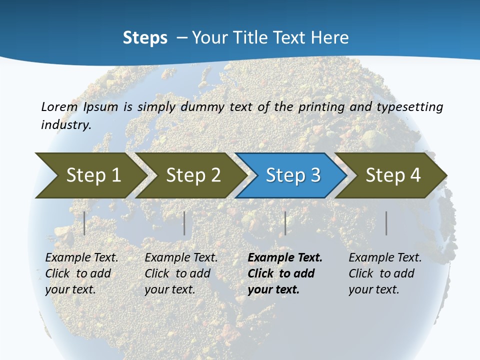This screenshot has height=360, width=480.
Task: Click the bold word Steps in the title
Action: [145, 38]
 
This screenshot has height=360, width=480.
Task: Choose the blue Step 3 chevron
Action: [293, 175]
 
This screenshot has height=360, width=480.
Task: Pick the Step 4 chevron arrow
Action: [393, 175]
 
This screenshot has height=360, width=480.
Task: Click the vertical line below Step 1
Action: [84, 223]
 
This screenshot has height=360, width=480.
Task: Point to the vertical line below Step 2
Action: [184, 223]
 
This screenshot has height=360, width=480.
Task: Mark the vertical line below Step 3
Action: [285, 223]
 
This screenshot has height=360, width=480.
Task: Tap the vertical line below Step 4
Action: [386, 223]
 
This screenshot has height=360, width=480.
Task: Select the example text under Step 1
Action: [81, 273]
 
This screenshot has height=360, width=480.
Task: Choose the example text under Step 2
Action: [181, 273]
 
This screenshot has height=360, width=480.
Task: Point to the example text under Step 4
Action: [385, 273]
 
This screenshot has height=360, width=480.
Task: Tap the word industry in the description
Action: [66, 124]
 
